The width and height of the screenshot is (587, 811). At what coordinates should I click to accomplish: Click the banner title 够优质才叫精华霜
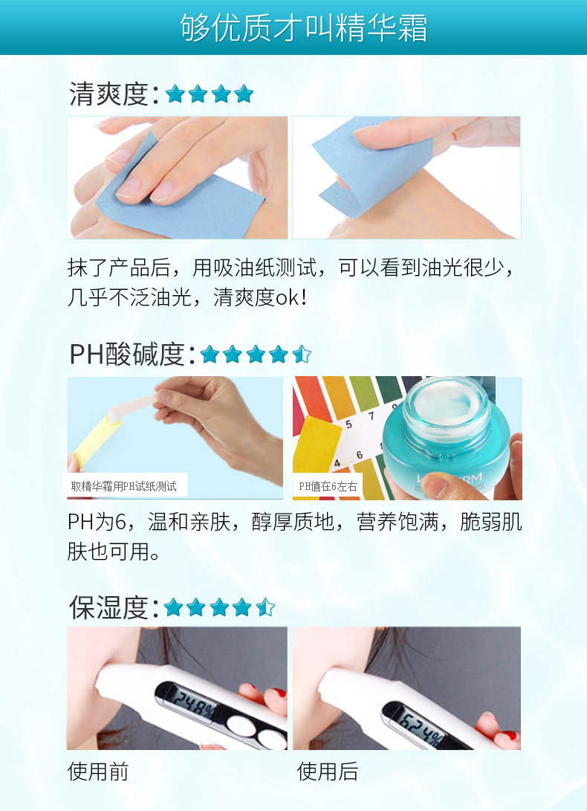point(304,28)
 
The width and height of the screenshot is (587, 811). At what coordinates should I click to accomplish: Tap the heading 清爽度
point(108,94)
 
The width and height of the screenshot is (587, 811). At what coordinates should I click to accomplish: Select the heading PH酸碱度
point(127,355)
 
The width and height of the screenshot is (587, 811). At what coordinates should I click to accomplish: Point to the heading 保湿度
point(108,607)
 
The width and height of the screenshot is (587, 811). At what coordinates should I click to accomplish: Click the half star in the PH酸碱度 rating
point(302,355)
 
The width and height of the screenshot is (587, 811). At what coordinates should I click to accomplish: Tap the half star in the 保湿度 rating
point(265,607)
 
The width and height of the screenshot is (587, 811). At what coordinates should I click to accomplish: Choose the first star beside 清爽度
point(175,94)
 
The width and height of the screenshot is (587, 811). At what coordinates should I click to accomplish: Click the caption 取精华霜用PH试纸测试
point(123,486)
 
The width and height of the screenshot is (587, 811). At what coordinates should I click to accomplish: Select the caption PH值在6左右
point(328,486)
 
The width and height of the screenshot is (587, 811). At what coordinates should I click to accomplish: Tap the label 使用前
point(98,772)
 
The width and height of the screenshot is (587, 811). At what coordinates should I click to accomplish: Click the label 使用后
point(328,772)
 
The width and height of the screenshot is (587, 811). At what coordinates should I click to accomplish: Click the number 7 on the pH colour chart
point(371,416)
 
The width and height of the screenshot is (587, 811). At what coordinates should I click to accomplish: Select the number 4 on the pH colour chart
point(337,463)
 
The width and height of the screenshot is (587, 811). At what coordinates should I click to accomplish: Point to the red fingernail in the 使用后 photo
point(509,735)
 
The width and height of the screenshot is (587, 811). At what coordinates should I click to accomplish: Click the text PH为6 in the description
point(97,523)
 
